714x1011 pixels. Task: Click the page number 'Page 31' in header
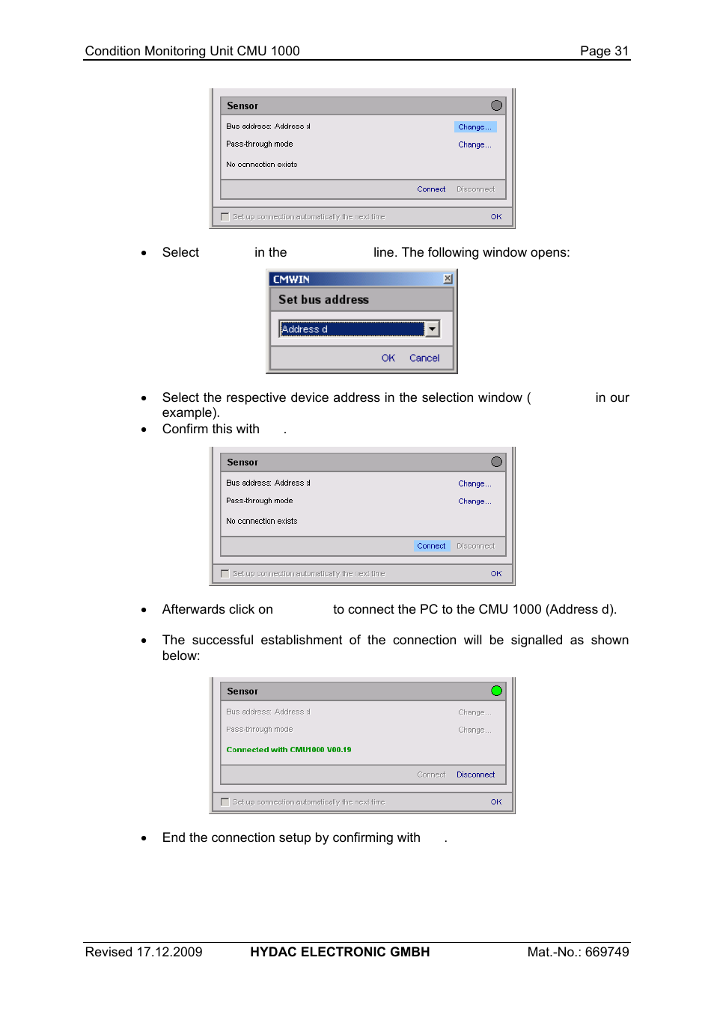coord(604,51)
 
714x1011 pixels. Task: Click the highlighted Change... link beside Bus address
coord(475,127)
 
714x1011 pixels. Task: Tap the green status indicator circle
coord(496,691)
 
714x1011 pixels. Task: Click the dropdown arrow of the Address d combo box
coord(433,329)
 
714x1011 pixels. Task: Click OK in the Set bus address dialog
coord(388,358)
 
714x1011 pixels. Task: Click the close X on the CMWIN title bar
coord(448,279)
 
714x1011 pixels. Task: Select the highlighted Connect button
coord(431,546)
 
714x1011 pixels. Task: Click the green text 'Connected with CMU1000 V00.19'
coord(288,750)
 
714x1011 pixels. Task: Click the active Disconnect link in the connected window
coord(475,775)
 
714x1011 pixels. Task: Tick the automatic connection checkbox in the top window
coord(225,217)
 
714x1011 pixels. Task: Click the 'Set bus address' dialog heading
coord(323,299)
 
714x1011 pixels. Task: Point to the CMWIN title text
coord(291,280)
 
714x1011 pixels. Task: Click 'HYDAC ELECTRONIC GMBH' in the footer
coord(340,952)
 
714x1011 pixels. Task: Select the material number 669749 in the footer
coord(606,952)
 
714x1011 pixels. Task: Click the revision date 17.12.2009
coord(169,952)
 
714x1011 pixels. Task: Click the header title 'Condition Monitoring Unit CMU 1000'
coord(192,51)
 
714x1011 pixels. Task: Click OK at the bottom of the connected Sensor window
coord(496,802)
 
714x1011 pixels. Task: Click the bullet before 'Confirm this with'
coord(144,430)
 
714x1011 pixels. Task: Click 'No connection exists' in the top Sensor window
coord(261,165)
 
